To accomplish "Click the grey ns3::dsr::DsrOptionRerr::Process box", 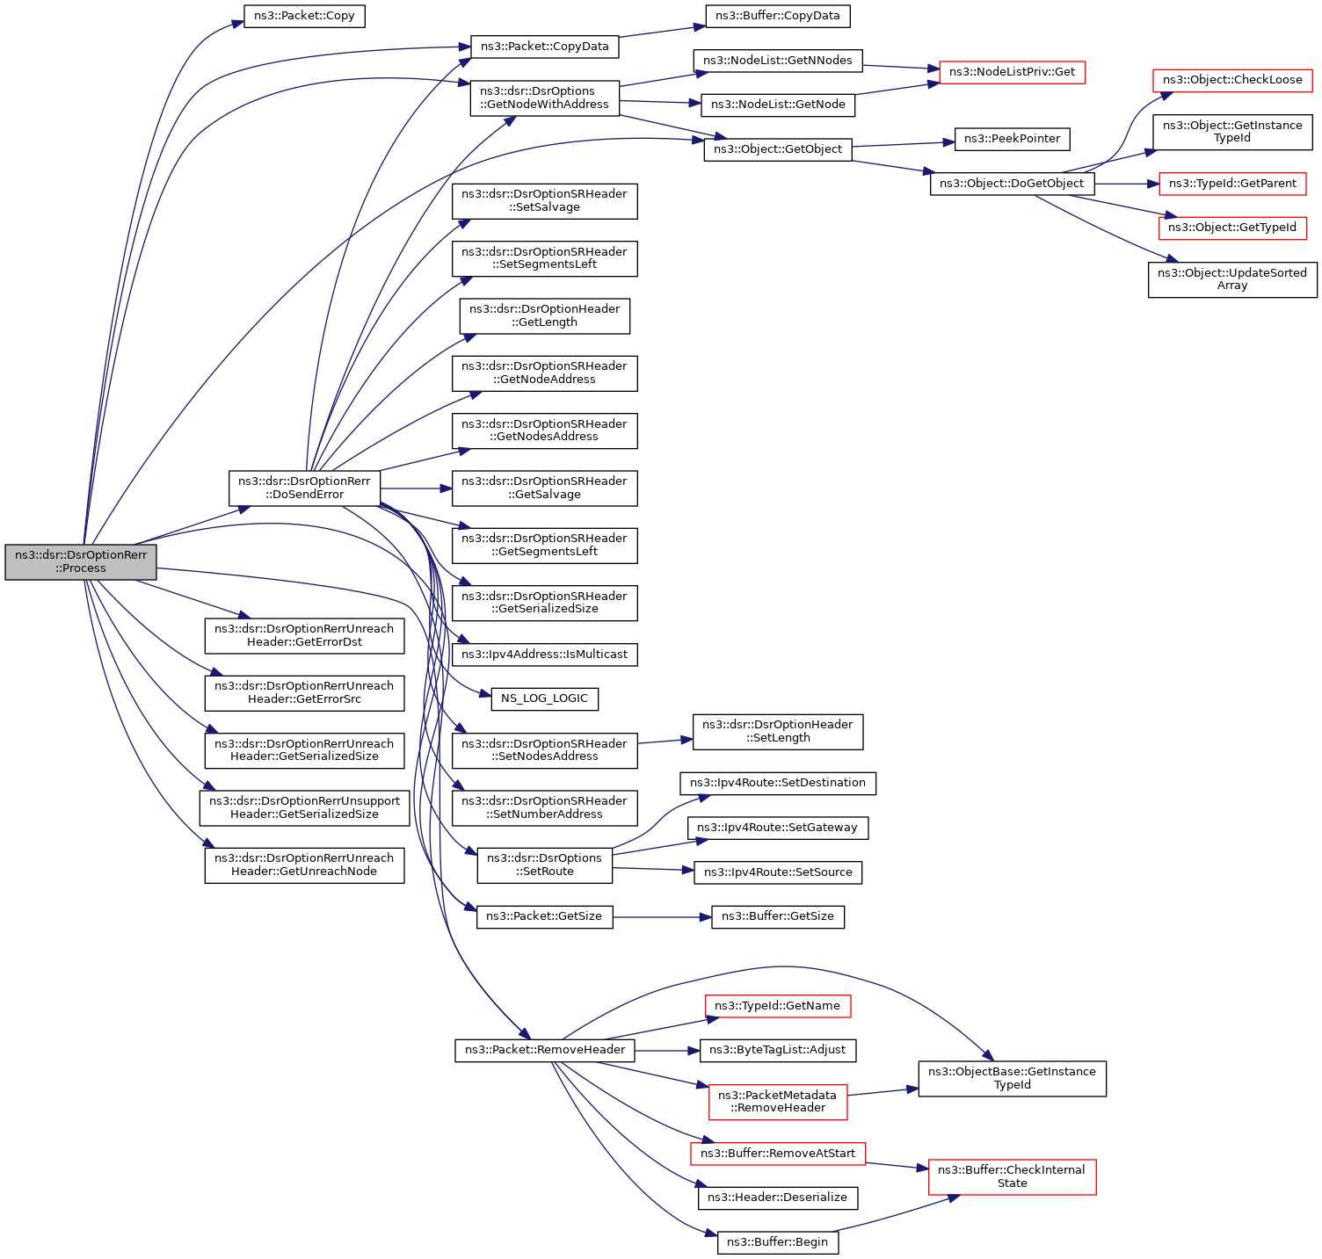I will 81,561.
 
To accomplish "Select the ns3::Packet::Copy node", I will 304,17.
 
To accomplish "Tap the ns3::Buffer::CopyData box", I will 778,16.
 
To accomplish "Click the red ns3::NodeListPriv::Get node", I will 1012,72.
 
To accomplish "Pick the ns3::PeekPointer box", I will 1012,139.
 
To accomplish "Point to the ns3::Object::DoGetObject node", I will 1012,184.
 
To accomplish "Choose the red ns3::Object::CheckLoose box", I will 1232,80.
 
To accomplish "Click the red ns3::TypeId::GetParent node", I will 1232,184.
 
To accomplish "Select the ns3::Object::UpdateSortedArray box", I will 1232,279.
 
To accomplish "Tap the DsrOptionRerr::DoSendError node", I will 304,488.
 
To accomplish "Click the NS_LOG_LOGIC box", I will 544,698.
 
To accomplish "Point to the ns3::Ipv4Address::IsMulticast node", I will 544,655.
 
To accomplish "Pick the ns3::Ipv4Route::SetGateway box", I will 777,828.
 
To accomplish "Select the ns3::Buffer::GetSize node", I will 778,916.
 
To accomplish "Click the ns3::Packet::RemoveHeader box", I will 545,1050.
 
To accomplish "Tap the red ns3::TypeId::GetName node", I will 777,1006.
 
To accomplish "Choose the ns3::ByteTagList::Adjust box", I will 777,1050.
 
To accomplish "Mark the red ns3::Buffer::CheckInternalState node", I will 1012,1176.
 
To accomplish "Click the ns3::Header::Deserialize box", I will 777,1197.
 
